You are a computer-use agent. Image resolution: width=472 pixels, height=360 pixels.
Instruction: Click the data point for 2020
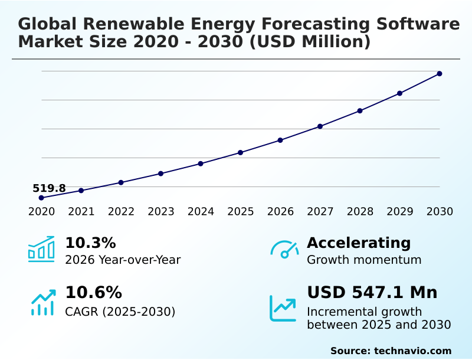[x=41, y=198]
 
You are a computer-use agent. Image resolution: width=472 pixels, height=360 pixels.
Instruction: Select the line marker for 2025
[x=240, y=153]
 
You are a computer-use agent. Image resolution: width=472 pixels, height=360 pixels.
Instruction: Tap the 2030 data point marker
[x=440, y=74]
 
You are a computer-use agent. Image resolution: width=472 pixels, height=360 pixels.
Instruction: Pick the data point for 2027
[x=320, y=126]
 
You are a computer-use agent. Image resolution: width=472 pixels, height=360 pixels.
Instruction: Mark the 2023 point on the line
[x=160, y=174]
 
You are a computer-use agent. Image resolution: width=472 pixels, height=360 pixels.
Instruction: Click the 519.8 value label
[x=49, y=188]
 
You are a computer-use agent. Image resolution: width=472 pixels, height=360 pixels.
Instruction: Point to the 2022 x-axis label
[x=121, y=212]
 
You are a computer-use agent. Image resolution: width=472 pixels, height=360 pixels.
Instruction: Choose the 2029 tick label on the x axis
[x=400, y=212]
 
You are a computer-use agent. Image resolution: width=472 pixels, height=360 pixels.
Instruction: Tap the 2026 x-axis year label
[x=280, y=212]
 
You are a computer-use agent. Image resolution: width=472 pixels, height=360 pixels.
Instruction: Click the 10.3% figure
[x=90, y=243]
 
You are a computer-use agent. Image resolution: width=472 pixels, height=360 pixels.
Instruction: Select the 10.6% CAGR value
[x=94, y=292]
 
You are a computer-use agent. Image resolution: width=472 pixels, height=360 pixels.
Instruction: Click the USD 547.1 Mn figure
[x=372, y=292]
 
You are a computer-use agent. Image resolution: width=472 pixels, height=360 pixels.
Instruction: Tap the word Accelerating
[x=359, y=243]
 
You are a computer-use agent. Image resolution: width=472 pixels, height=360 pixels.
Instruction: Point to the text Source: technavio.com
[x=391, y=351]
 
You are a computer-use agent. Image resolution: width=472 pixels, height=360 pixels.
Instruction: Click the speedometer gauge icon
[x=284, y=249]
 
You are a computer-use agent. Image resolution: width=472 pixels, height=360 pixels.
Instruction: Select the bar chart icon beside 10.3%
[x=41, y=249]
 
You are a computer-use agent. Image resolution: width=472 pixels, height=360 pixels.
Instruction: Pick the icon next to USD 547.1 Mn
[x=283, y=308]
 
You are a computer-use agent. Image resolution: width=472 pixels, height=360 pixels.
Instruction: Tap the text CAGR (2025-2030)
[x=120, y=312]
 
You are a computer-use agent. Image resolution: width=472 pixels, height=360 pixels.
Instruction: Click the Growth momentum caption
[x=364, y=260]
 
